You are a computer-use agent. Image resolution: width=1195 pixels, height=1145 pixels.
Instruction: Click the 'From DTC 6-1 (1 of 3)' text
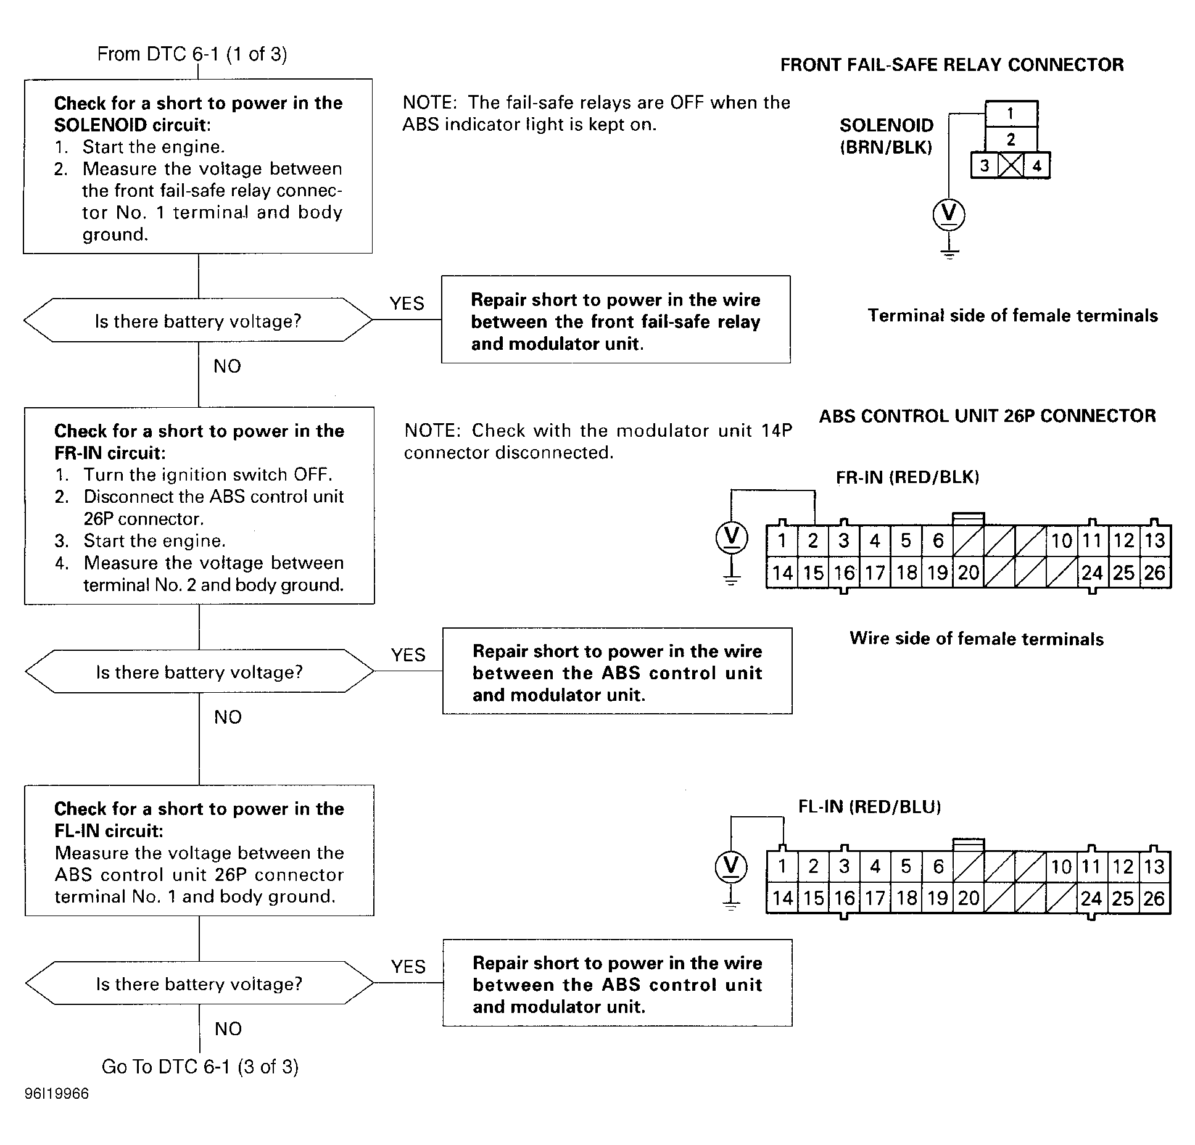tap(192, 54)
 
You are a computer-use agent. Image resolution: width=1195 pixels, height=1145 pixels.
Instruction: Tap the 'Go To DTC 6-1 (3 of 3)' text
tap(200, 1067)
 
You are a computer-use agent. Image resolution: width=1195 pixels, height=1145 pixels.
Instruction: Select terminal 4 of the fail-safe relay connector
tap(1037, 165)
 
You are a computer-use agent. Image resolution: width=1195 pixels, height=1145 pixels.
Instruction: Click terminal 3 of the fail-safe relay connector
tap(985, 165)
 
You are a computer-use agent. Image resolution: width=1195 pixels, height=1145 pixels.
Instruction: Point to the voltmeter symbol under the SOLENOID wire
tap(949, 214)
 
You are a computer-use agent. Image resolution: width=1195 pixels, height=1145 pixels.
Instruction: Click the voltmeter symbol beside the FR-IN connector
tap(732, 537)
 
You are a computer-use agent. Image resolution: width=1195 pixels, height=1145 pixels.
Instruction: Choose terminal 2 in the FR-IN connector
tap(813, 541)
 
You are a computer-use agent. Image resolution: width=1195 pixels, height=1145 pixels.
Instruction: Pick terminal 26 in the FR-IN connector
tap(1154, 572)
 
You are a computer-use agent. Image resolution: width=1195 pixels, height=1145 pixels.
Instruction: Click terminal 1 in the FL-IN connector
tap(782, 867)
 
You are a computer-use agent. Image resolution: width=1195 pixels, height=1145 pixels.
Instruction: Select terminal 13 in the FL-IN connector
tap(1154, 867)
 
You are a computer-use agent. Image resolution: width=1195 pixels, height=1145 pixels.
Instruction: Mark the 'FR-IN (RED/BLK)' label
tap(908, 477)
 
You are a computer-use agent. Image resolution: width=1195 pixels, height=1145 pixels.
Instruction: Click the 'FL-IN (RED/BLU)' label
tap(870, 807)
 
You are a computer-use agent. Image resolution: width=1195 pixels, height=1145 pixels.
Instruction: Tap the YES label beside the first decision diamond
tap(407, 304)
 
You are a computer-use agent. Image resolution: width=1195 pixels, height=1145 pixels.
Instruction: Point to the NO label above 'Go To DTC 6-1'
tap(228, 1028)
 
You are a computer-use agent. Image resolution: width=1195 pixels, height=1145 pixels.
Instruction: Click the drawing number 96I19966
tap(57, 1094)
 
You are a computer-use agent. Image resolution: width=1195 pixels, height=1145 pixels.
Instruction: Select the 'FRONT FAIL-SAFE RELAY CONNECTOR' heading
tap(952, 65)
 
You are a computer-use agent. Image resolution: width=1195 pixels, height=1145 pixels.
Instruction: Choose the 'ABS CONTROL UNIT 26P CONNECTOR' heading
tap(987, 416)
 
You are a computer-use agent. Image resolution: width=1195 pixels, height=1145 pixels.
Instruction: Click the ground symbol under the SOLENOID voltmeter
tap(949, 252)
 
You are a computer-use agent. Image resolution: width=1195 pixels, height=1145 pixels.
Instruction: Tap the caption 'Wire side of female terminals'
tap(977, 639)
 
